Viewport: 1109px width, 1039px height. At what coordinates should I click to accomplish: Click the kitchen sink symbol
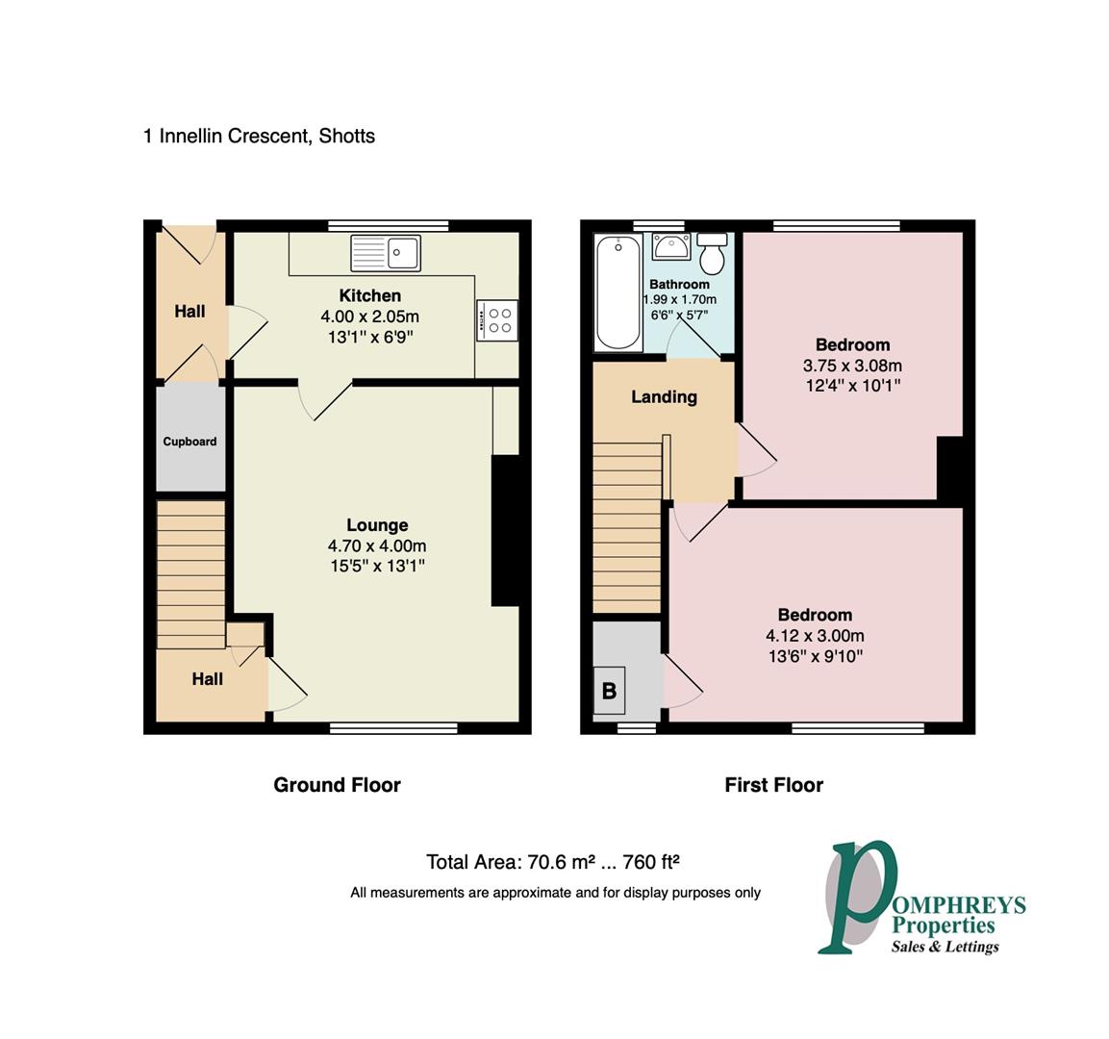386,253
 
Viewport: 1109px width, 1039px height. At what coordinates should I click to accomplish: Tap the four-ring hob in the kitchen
497,319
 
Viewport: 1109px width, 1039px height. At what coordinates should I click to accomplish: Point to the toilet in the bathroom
713,254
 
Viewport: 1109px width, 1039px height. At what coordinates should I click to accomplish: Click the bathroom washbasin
669,247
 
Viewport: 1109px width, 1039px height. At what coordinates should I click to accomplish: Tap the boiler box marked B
609,690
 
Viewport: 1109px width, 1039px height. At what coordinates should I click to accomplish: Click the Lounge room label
377,525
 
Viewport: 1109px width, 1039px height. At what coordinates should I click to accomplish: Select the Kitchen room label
369,295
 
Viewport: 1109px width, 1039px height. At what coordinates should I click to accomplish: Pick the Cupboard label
189,442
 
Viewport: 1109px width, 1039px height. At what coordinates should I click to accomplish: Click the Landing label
664,396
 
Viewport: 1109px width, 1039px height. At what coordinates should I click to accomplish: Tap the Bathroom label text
679,285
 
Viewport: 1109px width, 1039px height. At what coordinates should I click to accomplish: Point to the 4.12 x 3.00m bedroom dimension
815,636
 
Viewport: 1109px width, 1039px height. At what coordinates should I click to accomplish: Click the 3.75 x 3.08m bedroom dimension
852,366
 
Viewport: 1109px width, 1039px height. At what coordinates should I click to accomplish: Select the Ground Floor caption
337,785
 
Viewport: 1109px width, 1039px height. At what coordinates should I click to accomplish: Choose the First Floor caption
773,785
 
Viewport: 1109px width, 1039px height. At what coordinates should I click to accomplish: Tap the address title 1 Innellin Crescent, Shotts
259,136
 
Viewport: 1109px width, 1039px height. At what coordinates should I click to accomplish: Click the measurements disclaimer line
555,893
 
